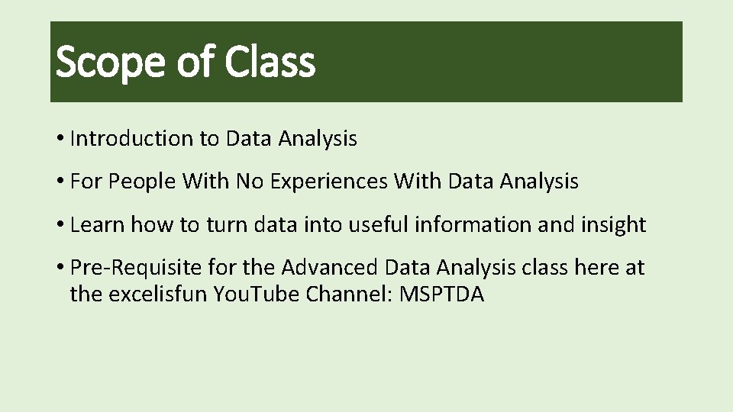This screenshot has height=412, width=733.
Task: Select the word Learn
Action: click(97, 225)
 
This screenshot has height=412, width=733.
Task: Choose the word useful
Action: click(375, 225)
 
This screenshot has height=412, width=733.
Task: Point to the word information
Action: click(472, 225)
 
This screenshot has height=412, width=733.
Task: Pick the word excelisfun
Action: click(158, 295)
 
